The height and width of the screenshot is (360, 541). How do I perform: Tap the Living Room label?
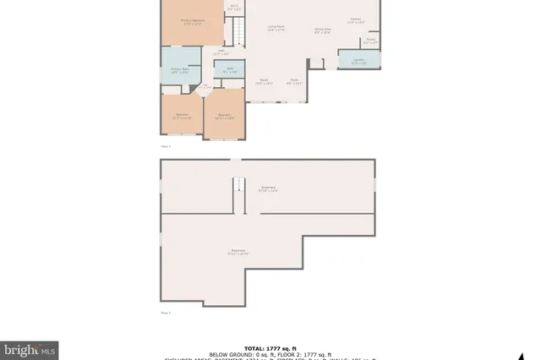[x=276, y=29]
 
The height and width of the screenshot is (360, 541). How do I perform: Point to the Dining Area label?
[x=322, y=30]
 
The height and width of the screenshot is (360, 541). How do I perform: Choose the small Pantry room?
[x=370, y=41]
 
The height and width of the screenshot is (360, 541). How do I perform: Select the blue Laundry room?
[x=358, y=60]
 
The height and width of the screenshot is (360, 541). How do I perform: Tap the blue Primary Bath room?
[x=179, y=71]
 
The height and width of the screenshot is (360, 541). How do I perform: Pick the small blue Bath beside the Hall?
[x=230, y=70]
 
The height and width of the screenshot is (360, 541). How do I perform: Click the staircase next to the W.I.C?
[x=238, y=32]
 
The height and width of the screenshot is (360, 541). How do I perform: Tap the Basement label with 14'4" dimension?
[x=269, y=189]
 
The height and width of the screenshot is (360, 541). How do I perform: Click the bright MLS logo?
[x=29, y=348]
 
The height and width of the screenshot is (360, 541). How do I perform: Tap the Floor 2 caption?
[x=165, y=313]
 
